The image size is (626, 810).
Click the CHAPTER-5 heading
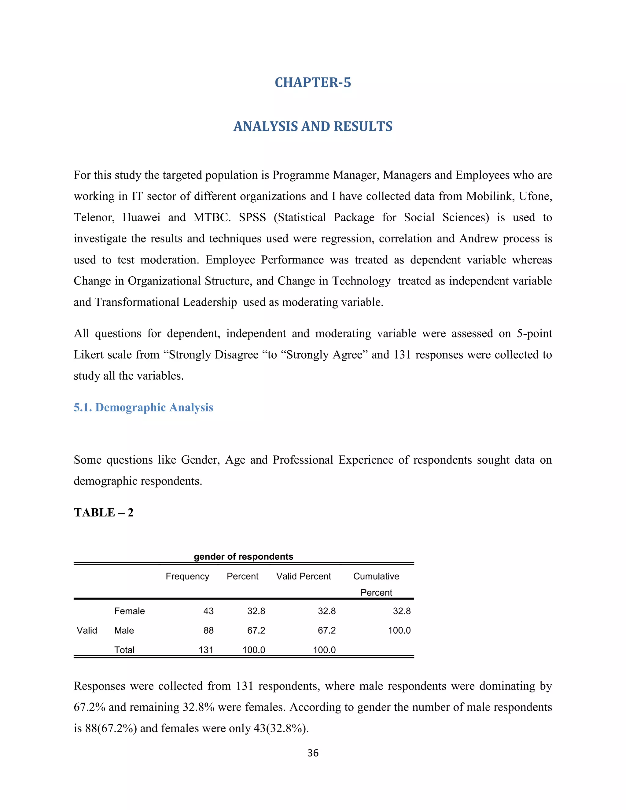click(313, 82)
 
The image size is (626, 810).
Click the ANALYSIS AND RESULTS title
click(313, 127)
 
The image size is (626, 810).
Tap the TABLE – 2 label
click(104, 513)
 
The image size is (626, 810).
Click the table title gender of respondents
click(243, 556)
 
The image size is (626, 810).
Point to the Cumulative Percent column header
click(376, 584)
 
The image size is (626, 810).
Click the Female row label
click(129, 611)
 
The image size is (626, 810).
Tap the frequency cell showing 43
click(208, 611)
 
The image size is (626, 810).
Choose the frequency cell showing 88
click(208, 630)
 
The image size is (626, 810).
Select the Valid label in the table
click(87, 630)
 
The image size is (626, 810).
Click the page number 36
click(313, 753)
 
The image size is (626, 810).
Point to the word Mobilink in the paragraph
click(490, 196)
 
